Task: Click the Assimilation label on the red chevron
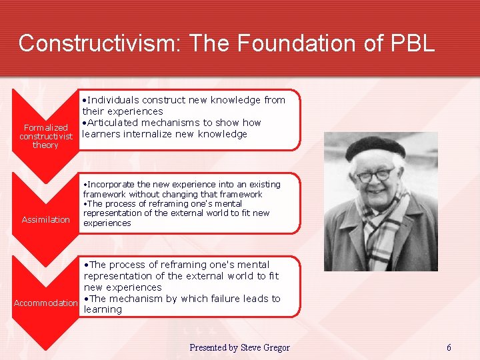coord(45,219)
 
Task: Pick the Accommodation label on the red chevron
coord(45,303)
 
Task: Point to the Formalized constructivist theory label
coord(45,136)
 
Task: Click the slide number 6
coord(449,347)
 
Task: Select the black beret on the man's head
coord(375,148)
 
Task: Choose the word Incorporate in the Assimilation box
coord(111,185)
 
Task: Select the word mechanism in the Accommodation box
coord(136,299)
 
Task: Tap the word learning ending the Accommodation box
coord(103,309)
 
